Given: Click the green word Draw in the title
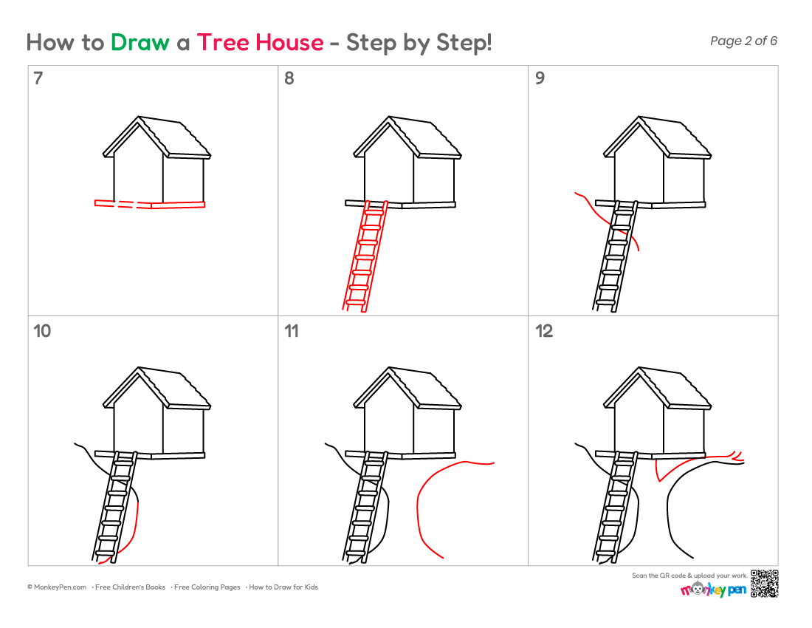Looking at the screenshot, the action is [x=140, y=43].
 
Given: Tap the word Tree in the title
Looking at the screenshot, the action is [x=223, y=43].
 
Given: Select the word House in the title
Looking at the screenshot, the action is [x=290, y=43].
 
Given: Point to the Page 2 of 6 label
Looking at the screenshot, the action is [x=743, y=41].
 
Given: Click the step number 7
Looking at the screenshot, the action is [x=38, y=78].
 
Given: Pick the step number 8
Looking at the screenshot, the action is [x=289, y=78].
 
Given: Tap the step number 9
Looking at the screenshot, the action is [x=540, y=78].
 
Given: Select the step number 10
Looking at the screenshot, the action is [x=42, y=331].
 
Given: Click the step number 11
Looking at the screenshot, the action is [x=292, y=331].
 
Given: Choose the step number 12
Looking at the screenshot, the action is [x=544, y=331].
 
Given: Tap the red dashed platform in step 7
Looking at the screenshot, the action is [x=150, y=204].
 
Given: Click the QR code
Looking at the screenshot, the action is [x=764, y=584].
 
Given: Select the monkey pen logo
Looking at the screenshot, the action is [x=714, y=589].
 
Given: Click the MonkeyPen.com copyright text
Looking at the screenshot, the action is [x=57, y=587].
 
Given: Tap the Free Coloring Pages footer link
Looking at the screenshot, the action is [x=207, y=587].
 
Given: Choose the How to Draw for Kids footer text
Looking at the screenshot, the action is [x=283, y=587].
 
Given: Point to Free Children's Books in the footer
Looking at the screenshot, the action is [x=130, y=587].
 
